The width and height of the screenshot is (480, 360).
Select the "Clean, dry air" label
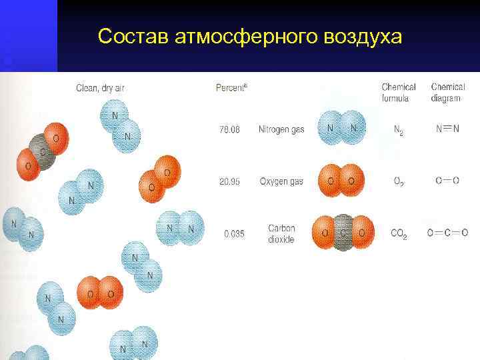tap(101, 87)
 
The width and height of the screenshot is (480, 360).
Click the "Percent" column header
tap(231, 87)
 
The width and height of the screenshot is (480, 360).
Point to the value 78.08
tap(229, 129)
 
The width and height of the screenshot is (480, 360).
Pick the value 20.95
tap(229, 181)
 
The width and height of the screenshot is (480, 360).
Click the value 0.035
tap(234, 234)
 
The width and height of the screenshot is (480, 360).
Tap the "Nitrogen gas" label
tap(281, 129)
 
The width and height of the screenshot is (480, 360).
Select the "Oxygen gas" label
tap(281, 181)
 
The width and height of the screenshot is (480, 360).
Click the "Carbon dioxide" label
tap(281, 234)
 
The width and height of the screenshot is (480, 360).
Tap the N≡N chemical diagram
tap(447, 129)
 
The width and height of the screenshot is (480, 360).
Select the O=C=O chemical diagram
tap(447, 233)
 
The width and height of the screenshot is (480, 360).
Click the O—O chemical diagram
tap(447, 181)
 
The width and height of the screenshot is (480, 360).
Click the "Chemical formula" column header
tap(399, 93)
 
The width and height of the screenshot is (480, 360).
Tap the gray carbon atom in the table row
tap(343, 233)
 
